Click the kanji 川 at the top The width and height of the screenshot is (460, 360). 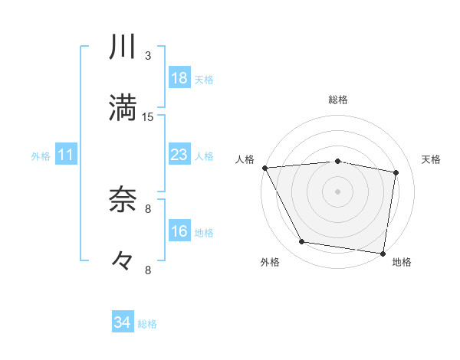[x=123, y=47]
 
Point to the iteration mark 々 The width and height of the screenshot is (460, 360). [x=123, y=260]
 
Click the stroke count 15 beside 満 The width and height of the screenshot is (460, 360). [x=148, y=117]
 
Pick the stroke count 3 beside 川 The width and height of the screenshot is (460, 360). [x=148, y=56]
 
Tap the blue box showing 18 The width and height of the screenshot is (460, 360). [x=179, y=78]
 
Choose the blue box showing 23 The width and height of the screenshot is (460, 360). [x=179, y=155]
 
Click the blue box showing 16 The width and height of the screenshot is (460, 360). [x=179, y=231]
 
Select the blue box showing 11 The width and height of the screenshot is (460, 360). [x=66, y=155]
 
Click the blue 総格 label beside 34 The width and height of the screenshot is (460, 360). [x=147, y=324]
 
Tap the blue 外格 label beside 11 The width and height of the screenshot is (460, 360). [x=41, y=156]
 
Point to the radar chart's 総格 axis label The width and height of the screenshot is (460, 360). [x=338, y=100]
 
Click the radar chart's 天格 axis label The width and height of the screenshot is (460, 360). [x=432, y=159]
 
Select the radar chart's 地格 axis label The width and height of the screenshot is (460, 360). [x=402, y=262]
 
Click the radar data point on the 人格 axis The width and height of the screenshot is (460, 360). [x=264, y=167]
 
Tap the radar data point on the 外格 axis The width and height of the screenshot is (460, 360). [x=302, y=243]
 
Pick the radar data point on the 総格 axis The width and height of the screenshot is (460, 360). [x=338, y=161]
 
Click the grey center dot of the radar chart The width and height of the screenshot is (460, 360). [x=338, y=191]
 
